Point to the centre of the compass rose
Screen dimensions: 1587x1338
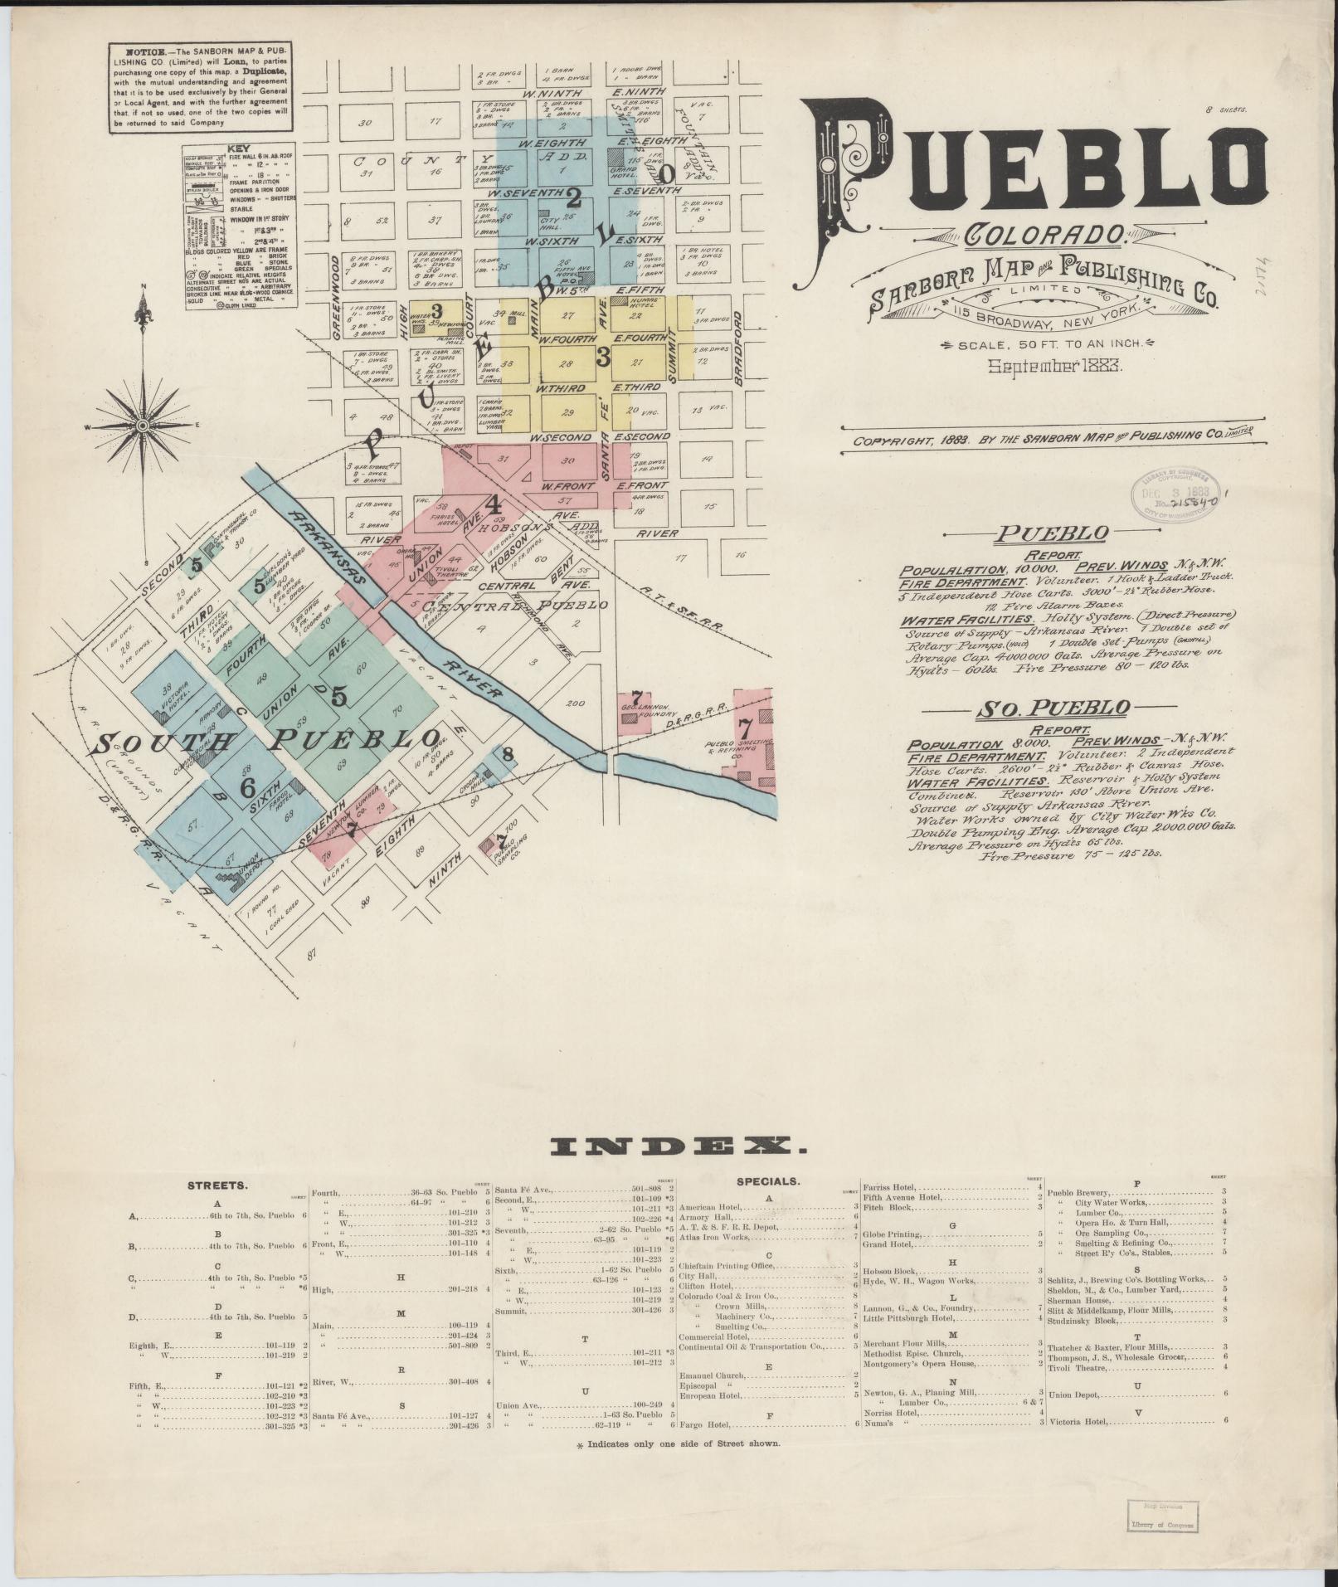(143, 426)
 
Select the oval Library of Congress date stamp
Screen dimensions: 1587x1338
(1173, 496)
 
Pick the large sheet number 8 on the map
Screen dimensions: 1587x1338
(508, 754)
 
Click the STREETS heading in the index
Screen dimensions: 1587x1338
(216, 1185)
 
